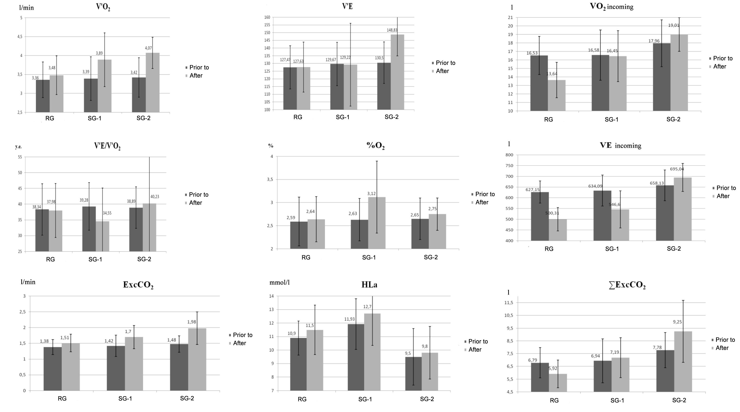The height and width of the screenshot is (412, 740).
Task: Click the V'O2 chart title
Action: (103, 7)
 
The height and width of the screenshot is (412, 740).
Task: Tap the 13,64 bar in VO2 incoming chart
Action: (556, 95)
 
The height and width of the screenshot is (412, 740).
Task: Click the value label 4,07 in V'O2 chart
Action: (148, 48)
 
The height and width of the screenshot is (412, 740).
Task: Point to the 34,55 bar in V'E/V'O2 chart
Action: (103, 236)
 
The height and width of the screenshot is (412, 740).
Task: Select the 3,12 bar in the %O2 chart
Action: (377, 223)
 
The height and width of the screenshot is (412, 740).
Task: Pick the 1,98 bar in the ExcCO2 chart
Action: (197, 359)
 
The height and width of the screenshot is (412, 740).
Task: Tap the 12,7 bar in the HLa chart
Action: (372, 352)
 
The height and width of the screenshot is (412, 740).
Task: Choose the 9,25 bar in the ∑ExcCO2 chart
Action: (683, 362)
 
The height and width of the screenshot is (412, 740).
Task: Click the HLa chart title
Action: (369, 285)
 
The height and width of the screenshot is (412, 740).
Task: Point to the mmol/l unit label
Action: (279, 282)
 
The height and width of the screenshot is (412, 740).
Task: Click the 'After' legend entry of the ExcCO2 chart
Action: (239, 343)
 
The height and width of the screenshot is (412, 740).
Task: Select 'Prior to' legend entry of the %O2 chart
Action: (485, 194)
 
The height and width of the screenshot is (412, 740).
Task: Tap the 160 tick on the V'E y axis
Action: (267, 17)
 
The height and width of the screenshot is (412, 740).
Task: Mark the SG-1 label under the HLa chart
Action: (365, 399)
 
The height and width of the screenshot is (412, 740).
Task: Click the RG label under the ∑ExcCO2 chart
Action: (554, 400)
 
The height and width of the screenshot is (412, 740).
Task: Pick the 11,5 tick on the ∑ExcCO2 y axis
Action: (508, 303)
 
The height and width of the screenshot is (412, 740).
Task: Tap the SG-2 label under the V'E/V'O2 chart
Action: (144, 259)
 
